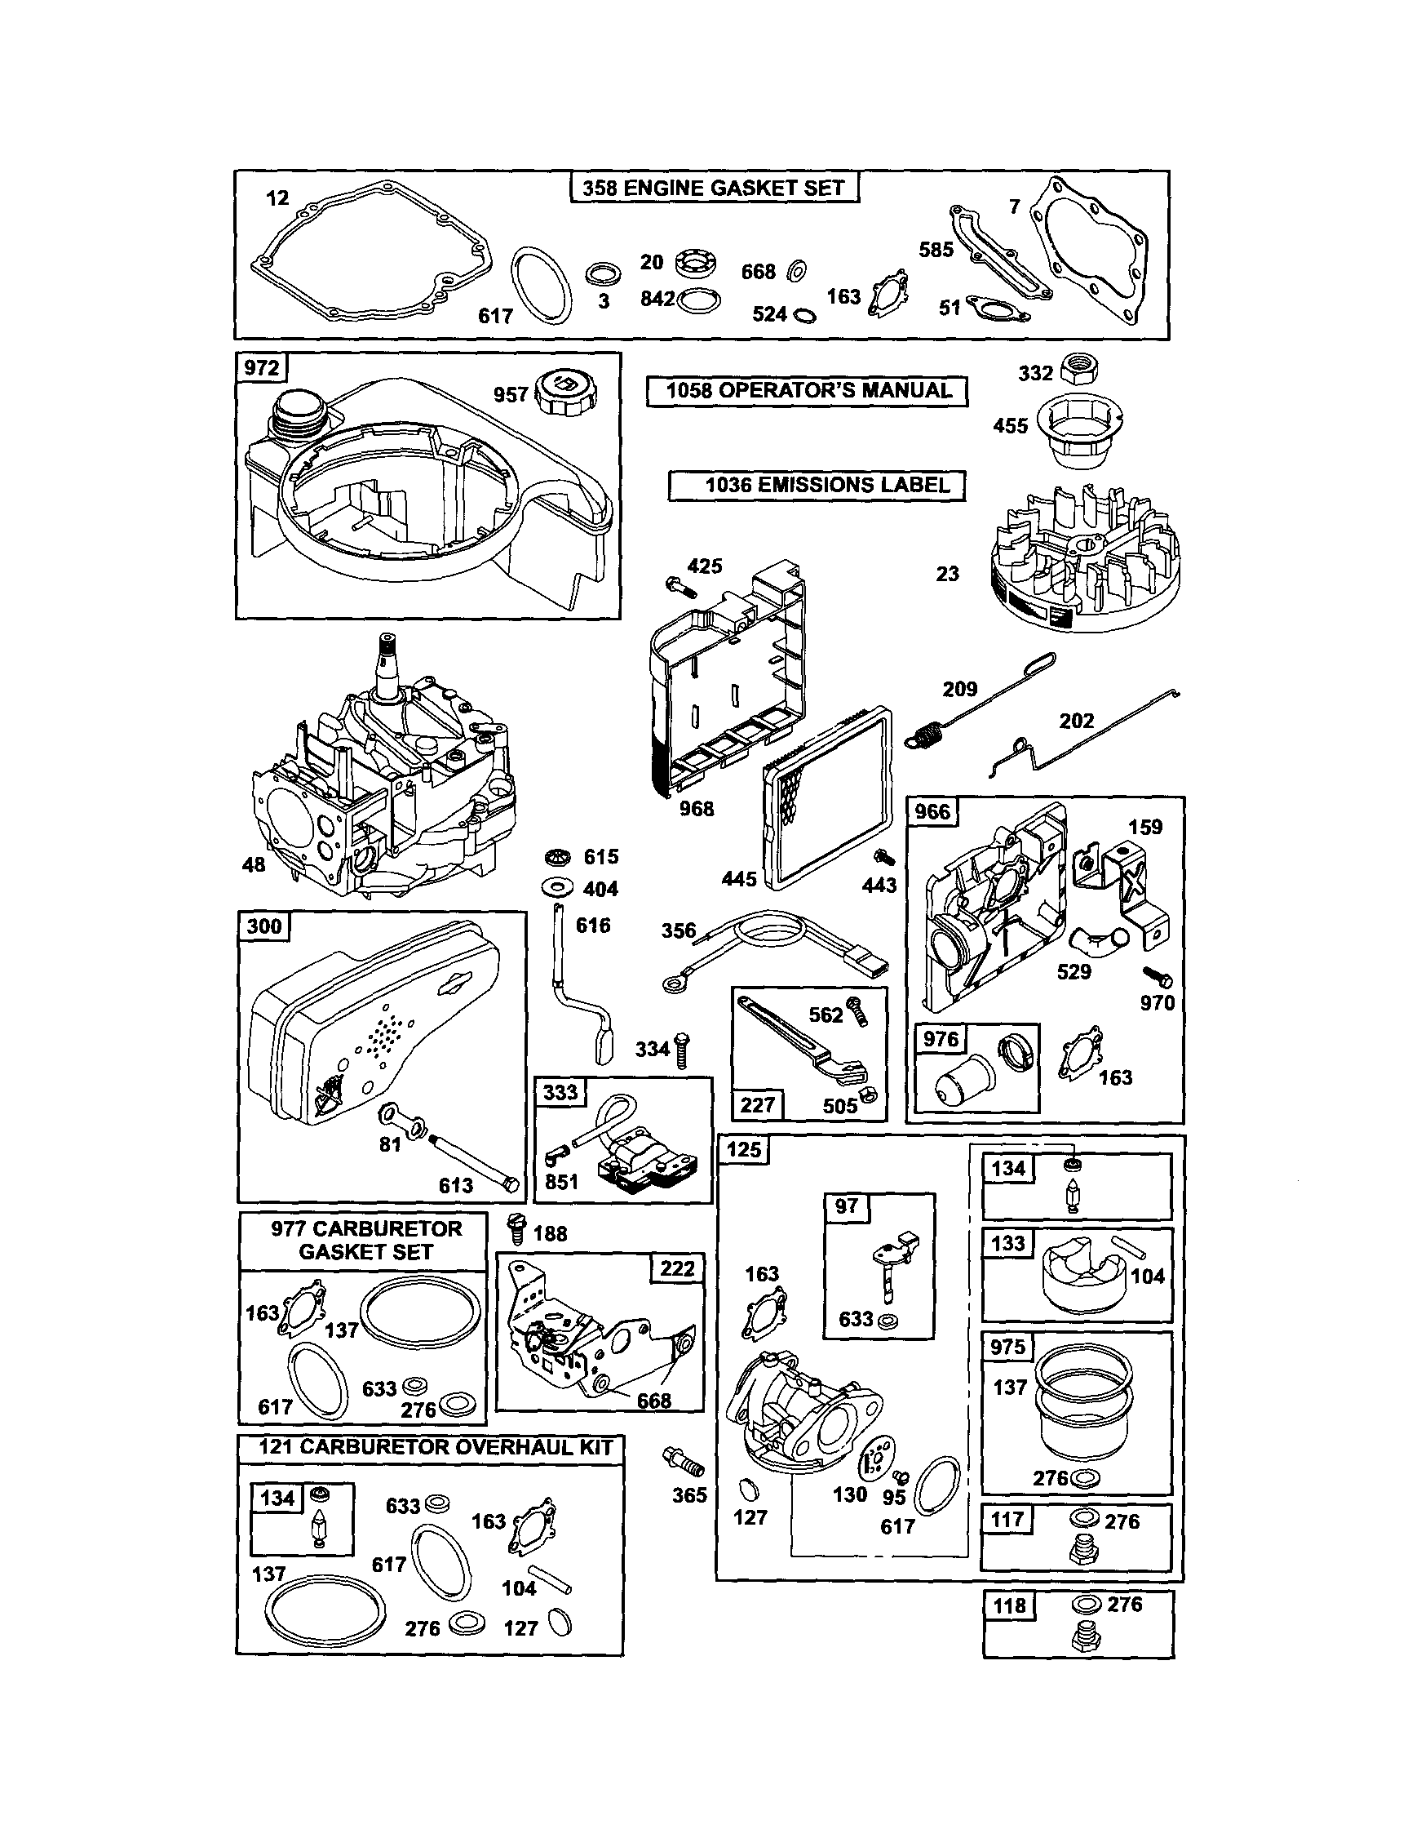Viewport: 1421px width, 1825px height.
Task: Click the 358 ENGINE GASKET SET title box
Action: [714, 187]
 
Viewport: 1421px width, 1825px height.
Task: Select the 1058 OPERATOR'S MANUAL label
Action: [807, 390]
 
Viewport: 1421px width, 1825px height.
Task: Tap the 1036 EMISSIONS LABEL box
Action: [817, 485]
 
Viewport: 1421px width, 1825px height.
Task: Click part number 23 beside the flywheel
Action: [946, 573]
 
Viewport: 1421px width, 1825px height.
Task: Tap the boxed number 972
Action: [262, 367]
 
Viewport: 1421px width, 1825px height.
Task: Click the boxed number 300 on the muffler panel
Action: [264, 926]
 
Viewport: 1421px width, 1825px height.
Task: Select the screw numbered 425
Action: [680, 588]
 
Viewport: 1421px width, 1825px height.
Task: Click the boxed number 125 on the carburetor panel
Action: [742, 1150]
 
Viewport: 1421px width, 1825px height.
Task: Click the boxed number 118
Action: [1009, 1606]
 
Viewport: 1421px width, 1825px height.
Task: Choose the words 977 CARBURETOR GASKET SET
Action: [365, 1240]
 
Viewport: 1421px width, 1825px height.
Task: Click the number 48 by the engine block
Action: [253, 864]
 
